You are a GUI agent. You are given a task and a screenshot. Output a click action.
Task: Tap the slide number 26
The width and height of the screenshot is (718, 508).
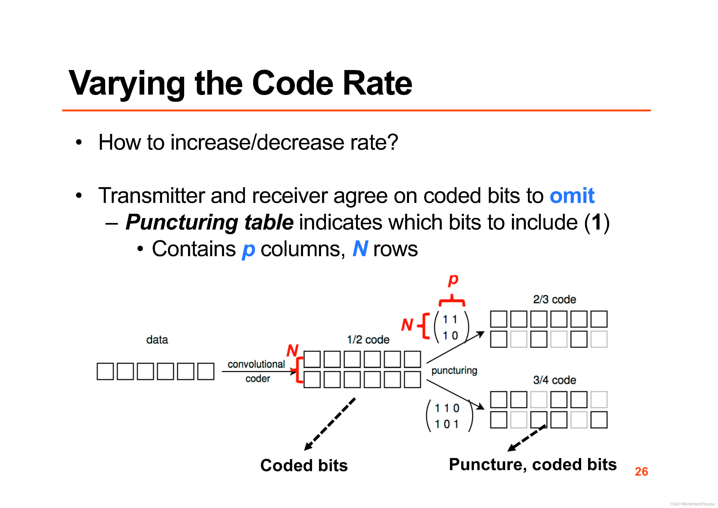[641, 471]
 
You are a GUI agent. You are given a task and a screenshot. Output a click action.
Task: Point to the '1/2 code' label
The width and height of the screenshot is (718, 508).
[368, 340]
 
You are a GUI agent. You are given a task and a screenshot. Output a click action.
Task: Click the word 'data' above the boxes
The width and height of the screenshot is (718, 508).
[157, 340]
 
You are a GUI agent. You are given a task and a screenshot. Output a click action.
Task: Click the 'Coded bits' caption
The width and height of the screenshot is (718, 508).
[304, 465]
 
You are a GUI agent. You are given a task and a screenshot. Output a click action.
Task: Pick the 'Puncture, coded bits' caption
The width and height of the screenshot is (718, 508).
[533, 465]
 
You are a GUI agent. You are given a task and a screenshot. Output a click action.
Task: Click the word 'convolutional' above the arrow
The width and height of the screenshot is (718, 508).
[256, 364]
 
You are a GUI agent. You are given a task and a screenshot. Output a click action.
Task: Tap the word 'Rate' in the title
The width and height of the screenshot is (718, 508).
[378, 83]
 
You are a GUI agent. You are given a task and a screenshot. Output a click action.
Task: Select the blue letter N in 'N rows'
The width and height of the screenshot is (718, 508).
[360, 249]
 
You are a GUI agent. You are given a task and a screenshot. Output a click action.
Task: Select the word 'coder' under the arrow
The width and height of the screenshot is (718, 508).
[258, 379]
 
